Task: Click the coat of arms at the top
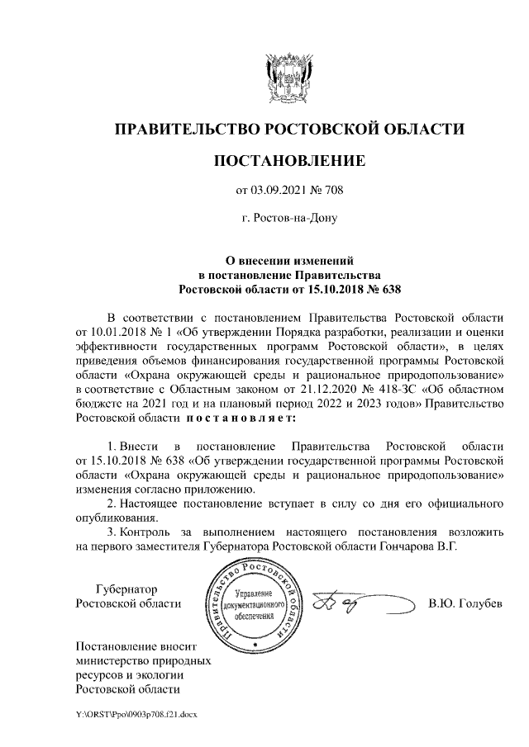tap(288, 77)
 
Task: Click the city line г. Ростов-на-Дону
tap(288, 219)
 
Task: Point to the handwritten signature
tap(351, 604)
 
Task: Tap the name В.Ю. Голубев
tap(465, 604)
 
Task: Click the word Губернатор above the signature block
tap(126, 589)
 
